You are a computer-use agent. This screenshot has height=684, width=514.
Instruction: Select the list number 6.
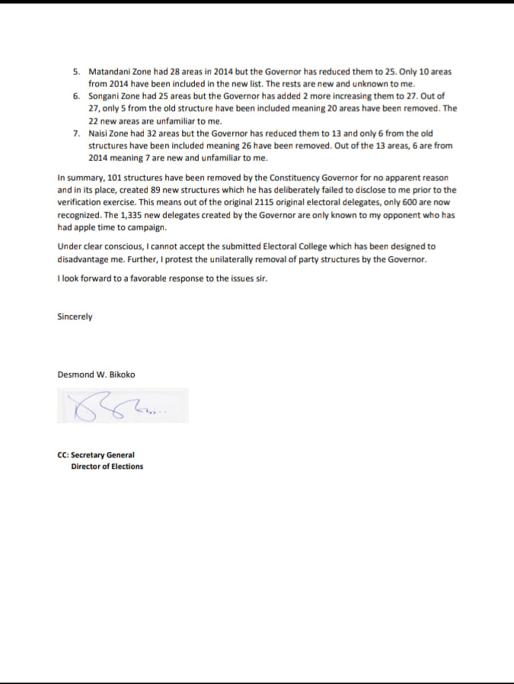click(76, 97)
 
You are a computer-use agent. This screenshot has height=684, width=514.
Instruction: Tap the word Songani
click(104, 97)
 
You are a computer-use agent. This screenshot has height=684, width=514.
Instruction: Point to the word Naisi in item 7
click(98, 133)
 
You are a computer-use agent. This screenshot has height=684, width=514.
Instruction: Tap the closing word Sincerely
click(75, 316)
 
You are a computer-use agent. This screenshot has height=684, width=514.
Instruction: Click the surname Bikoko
click(122, 374)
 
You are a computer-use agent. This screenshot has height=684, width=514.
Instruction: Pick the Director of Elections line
click(107, 467)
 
